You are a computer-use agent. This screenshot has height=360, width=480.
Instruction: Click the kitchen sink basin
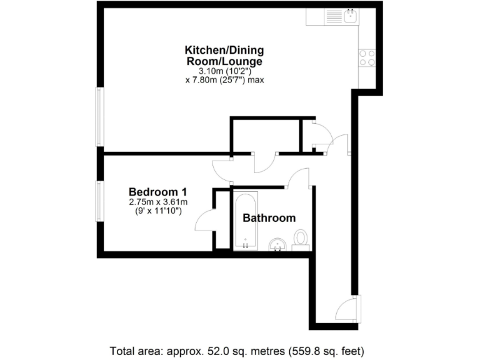tap(351, 16)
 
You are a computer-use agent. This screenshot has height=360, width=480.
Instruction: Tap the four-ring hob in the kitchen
tap(367, 57)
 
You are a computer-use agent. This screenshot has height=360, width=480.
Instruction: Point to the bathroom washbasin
tap(277, 244)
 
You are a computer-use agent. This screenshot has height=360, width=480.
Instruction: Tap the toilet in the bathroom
tap(301, 240)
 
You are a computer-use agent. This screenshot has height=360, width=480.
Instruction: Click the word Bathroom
tap(269, 218)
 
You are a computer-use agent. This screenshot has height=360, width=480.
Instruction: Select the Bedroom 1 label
tap(158, 192)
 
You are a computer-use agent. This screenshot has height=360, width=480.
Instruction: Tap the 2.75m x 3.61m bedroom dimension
tap(158, 202)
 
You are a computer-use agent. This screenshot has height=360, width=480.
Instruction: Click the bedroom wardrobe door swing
tap(205, 221)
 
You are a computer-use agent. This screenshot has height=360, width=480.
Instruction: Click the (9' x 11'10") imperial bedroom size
tap(158, 212)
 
